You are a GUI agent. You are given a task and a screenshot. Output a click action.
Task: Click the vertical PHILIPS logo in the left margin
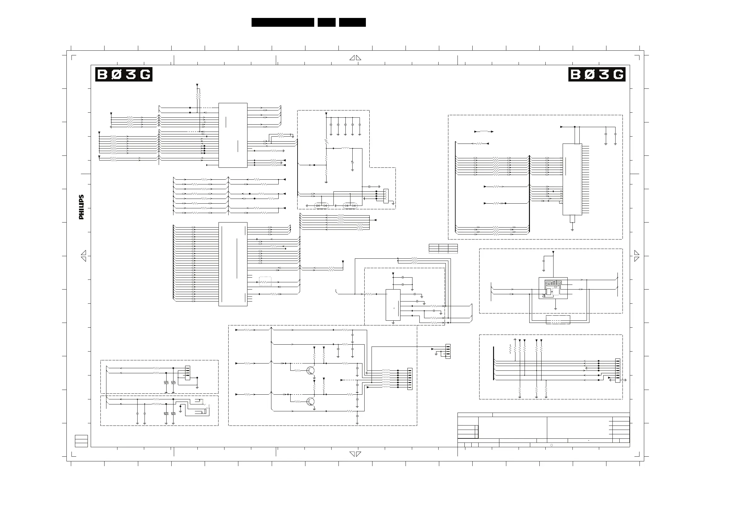coord(81,207)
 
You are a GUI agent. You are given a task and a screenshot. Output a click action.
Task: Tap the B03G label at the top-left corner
coord(124,75)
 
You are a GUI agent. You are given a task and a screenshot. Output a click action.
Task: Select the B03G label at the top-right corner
coord(596,75)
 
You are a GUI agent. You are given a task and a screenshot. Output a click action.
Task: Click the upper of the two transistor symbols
coord(311,370)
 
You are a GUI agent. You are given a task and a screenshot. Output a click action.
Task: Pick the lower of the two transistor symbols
coord(311,401)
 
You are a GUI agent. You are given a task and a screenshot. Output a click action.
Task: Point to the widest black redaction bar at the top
coord(282,22)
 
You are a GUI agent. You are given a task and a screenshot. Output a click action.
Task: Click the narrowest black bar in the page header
coord(326,22)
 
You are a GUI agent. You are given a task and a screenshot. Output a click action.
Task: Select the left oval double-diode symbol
coord(321,206)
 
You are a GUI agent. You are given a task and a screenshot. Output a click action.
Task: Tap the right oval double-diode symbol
coord(350,206)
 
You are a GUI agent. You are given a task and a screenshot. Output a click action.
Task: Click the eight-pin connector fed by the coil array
coord(410,379)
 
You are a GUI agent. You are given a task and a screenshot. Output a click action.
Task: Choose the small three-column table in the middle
coord(443,249)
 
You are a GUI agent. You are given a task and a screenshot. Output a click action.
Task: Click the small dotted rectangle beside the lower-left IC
coord(265,281)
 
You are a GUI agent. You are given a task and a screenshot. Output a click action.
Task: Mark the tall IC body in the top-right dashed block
coord(572,179)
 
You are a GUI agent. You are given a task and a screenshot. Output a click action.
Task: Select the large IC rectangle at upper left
coord(233,135)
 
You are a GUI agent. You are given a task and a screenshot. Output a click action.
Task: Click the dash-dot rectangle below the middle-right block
coord(558,319)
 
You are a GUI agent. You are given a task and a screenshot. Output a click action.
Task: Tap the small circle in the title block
coord(551,445)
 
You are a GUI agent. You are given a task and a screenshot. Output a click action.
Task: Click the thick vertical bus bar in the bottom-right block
coord(493,363)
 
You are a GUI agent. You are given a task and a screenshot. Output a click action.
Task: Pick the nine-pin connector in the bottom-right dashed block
coord(617,371)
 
